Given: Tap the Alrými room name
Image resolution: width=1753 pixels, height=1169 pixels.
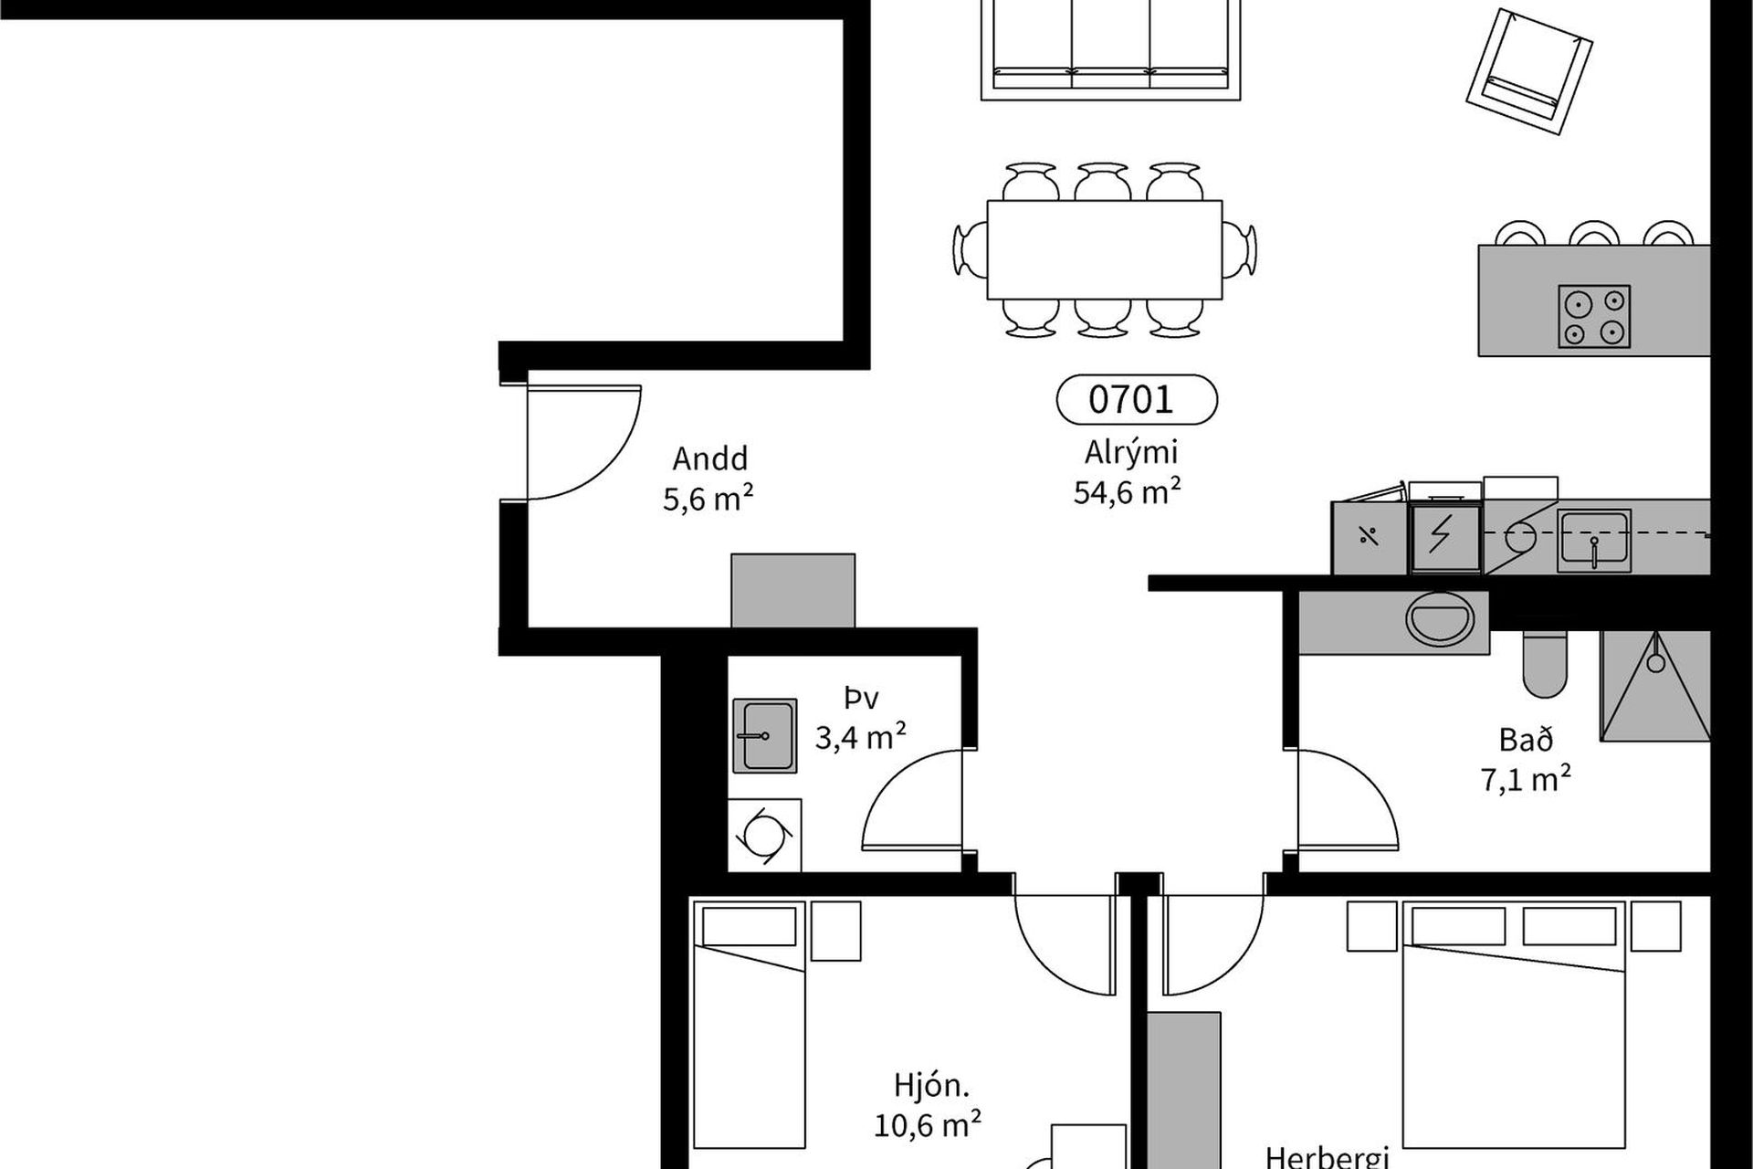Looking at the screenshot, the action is coord(1131,453).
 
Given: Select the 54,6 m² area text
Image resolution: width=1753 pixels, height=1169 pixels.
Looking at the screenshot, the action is coord(1128,492).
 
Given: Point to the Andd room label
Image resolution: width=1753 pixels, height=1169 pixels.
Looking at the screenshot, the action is coord(709,458).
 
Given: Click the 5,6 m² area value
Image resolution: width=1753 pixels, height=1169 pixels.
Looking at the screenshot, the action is coord(708,499).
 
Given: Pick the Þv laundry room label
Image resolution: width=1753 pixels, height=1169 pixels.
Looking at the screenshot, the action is coord(860,699).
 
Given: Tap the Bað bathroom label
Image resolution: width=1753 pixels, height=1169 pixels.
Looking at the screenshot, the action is coord(1526,739).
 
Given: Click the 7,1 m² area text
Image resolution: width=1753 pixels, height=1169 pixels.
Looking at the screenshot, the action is coord(1526,780).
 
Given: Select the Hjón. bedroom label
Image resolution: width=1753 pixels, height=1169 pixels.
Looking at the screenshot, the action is coord(931,1086).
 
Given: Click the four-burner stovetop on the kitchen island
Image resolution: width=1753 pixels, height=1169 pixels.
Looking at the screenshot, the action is coord(1594,316).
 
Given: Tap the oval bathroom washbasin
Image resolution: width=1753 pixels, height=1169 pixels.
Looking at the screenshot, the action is coord(1439,618).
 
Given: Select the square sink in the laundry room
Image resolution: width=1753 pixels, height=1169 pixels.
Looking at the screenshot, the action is coord(765,736).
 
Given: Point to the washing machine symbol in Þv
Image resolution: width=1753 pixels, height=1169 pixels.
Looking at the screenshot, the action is coord(765,835).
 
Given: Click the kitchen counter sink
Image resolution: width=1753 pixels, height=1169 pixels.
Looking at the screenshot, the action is coord(1594,541).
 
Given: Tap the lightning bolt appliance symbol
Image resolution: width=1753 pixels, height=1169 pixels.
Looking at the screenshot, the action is coord(1445,538).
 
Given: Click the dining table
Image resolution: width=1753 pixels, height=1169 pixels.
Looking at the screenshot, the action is coord(1104,249).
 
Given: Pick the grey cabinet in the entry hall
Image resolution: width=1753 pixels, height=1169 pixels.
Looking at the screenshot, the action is coord(793,590).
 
